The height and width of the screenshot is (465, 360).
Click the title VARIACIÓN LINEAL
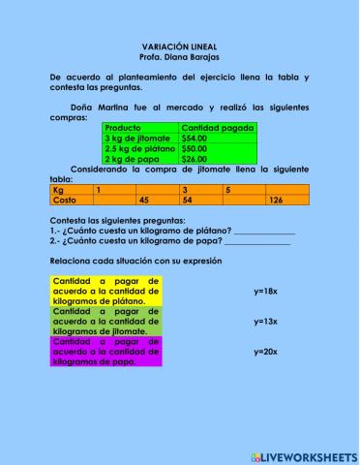pyautogui.click(x=179, y=46)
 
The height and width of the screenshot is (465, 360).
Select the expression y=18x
pyautogui.click(x=265, y=290)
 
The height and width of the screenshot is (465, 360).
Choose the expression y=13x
pyautogui.click(x=265, y=321)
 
